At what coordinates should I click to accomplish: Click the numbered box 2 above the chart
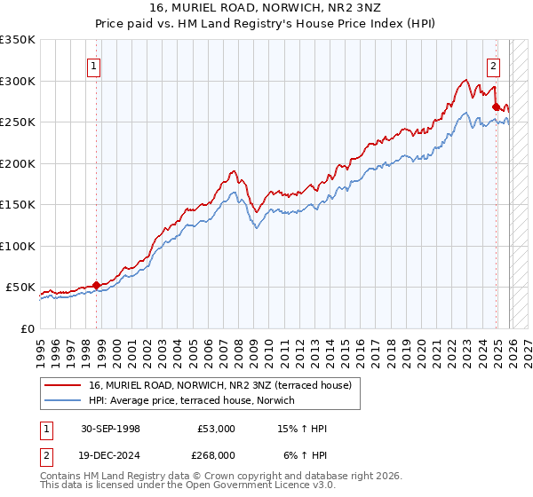coord(493,64)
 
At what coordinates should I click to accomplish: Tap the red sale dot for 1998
coord(96,285)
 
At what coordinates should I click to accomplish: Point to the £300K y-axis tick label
coord(18,81)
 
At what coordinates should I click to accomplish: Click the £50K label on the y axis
coord(20,288)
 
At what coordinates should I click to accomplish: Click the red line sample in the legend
coord(63,385)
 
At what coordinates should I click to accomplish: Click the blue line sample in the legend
coord(63,400)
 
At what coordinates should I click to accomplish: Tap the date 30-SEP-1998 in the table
coord(110,429)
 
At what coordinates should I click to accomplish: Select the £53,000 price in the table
coord(217,429)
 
